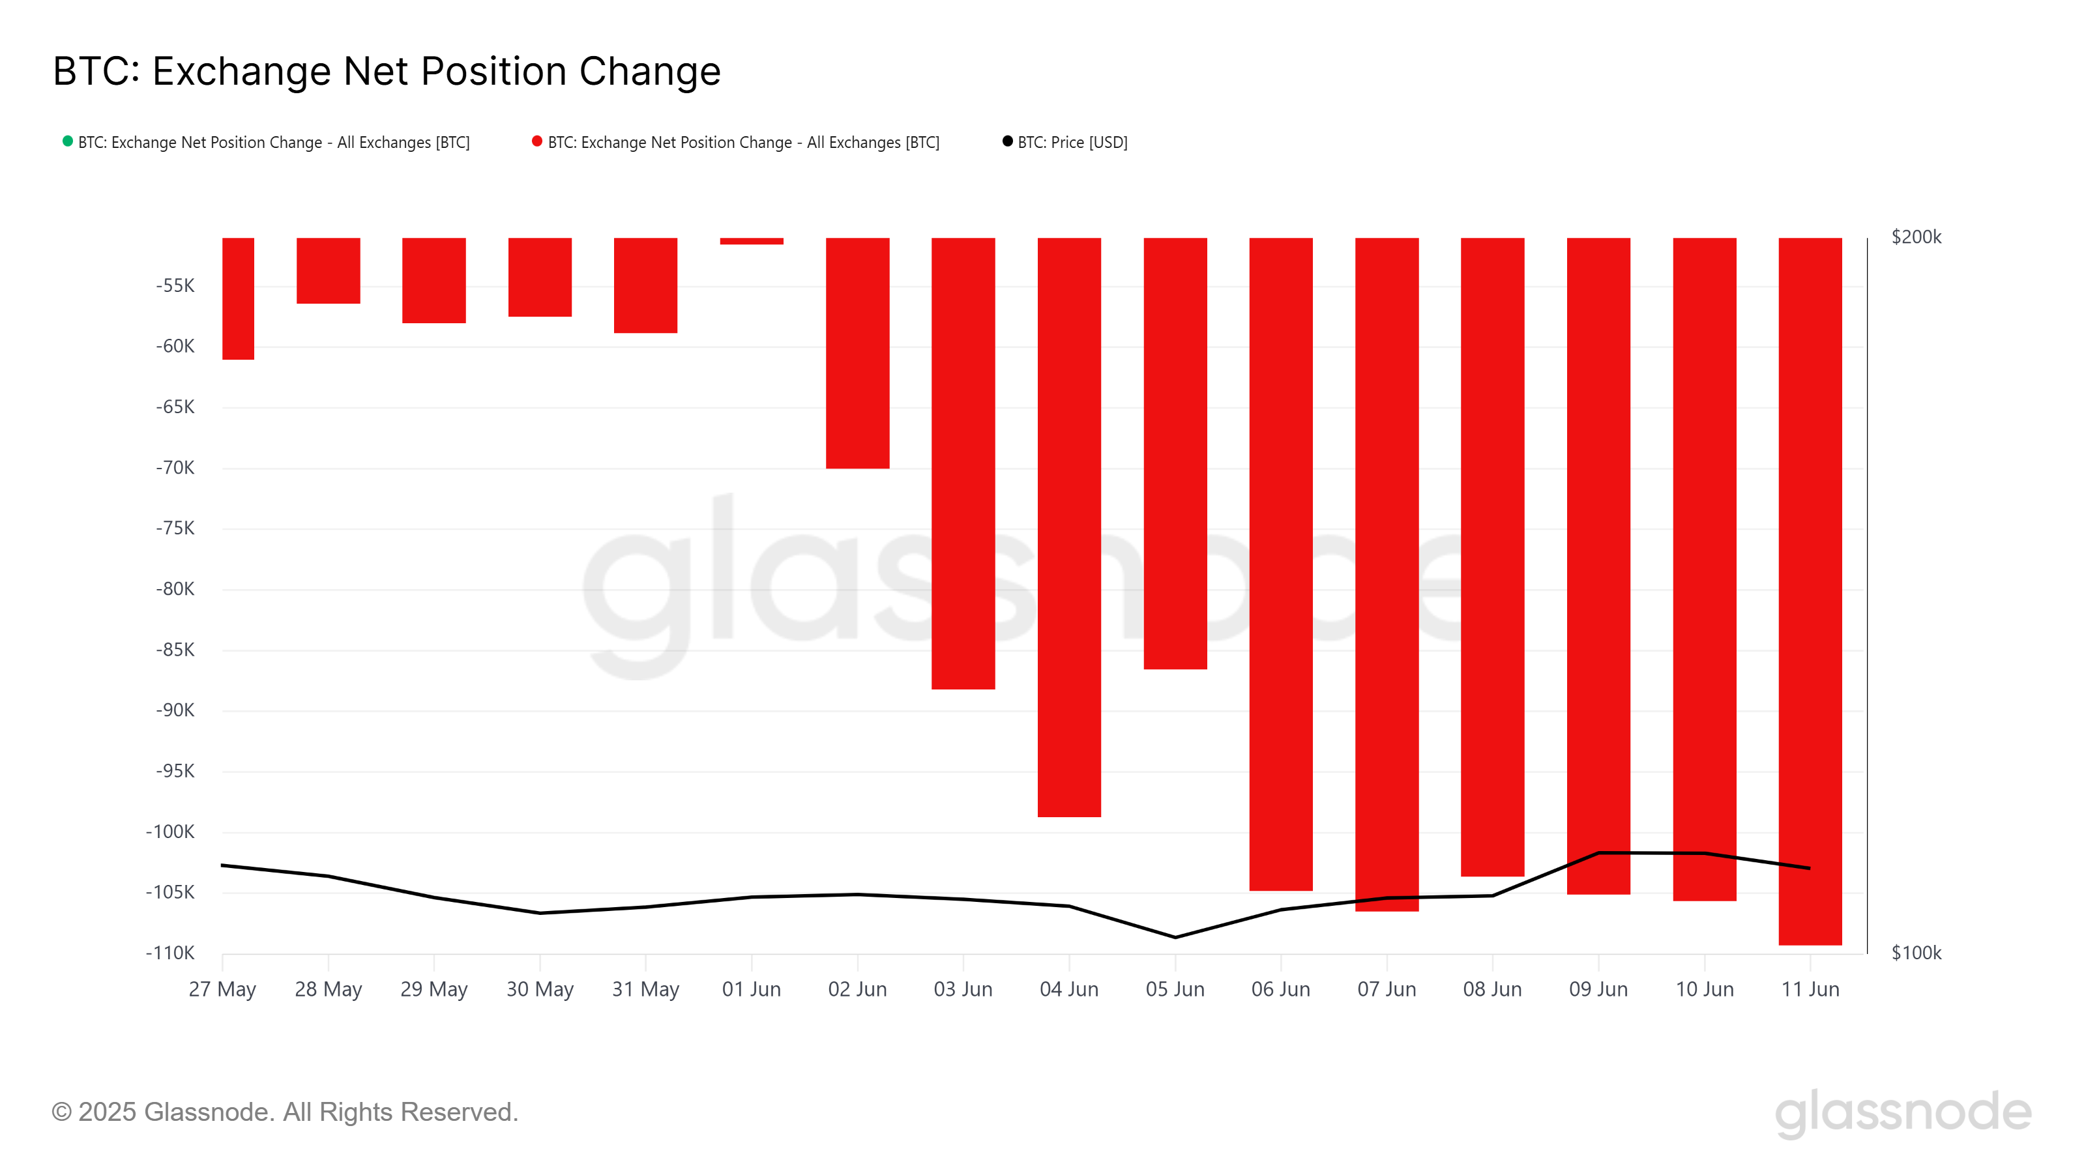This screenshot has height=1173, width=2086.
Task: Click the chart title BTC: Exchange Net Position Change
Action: tap(387, 71)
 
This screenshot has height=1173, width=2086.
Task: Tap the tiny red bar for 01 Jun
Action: tap(751, 241)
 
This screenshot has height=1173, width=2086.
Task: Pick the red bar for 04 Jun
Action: tap(1068, 526)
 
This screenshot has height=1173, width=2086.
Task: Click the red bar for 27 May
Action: tap(238, 298)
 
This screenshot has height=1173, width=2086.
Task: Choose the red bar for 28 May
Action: tap(328, 270)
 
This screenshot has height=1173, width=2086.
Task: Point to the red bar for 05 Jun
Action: tap(1174, 454)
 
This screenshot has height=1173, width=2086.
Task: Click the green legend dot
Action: tap(68, 141)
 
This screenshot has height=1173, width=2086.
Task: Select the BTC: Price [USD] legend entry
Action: tap(1071, 143)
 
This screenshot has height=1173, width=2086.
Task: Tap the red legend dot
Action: tap(537, 141)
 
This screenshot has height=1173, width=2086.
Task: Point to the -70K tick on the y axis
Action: tap(175, 468)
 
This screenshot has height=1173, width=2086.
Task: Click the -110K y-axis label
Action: tap(170, 953)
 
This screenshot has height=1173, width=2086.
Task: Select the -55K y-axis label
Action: tap(175, 286)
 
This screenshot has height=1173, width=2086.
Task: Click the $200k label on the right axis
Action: tap(1915, 237)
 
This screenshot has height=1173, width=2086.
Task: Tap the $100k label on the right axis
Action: tap(1915, 953)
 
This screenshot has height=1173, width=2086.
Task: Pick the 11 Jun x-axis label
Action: tap(1809, 989)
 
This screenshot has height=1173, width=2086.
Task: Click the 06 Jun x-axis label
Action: tap(1280, 989)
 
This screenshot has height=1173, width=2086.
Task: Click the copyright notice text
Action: tap(284, 1112)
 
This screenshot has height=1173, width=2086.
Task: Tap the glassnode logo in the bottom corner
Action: tap(1903, 1112)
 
